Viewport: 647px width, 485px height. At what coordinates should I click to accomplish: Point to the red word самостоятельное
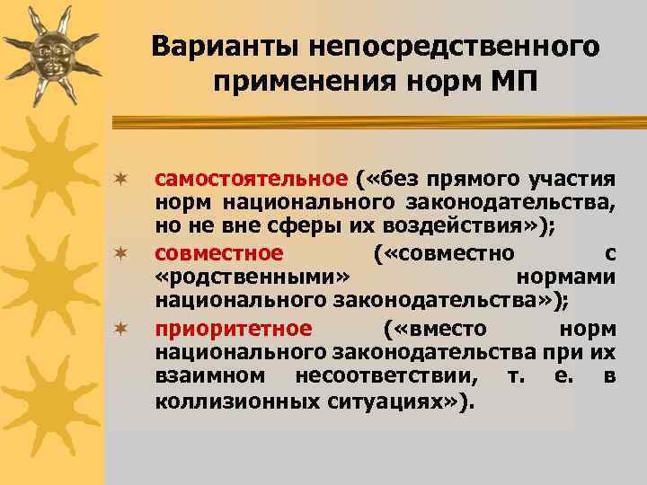252,179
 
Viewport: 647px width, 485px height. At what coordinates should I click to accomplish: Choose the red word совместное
219,252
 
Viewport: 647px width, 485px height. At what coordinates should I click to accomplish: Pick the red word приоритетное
234,328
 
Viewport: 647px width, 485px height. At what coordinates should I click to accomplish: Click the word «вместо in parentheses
435,328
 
